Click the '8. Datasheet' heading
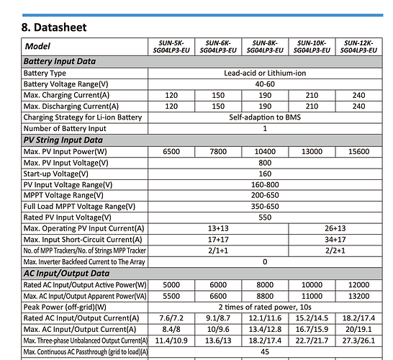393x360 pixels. [54, 27]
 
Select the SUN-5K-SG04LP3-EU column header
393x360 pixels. [171, 47]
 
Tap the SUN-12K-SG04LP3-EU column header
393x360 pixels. [358, 47]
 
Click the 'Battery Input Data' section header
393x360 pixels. [60, 61]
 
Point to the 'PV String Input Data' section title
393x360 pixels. [63, 140]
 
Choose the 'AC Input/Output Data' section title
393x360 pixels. [67, 274]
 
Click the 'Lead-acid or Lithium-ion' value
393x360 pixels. [265, 73]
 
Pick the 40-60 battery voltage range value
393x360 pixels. [265, 84]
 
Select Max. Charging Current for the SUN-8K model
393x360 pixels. [265, 95]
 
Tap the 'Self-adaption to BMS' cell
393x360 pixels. [265, 117]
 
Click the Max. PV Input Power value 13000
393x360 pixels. [312, 151]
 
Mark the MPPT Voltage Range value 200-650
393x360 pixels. [265, 195]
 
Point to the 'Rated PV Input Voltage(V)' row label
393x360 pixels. [68, 217]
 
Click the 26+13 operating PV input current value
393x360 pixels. [335, 228]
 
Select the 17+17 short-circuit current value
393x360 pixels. [218, 240]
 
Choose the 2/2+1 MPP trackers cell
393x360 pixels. [335, 251]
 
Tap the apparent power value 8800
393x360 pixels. [265, 296]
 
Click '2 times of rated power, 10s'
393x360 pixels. [265, 307]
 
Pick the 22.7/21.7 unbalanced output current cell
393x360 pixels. [312, 341]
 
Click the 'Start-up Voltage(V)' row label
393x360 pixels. [56, 174]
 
